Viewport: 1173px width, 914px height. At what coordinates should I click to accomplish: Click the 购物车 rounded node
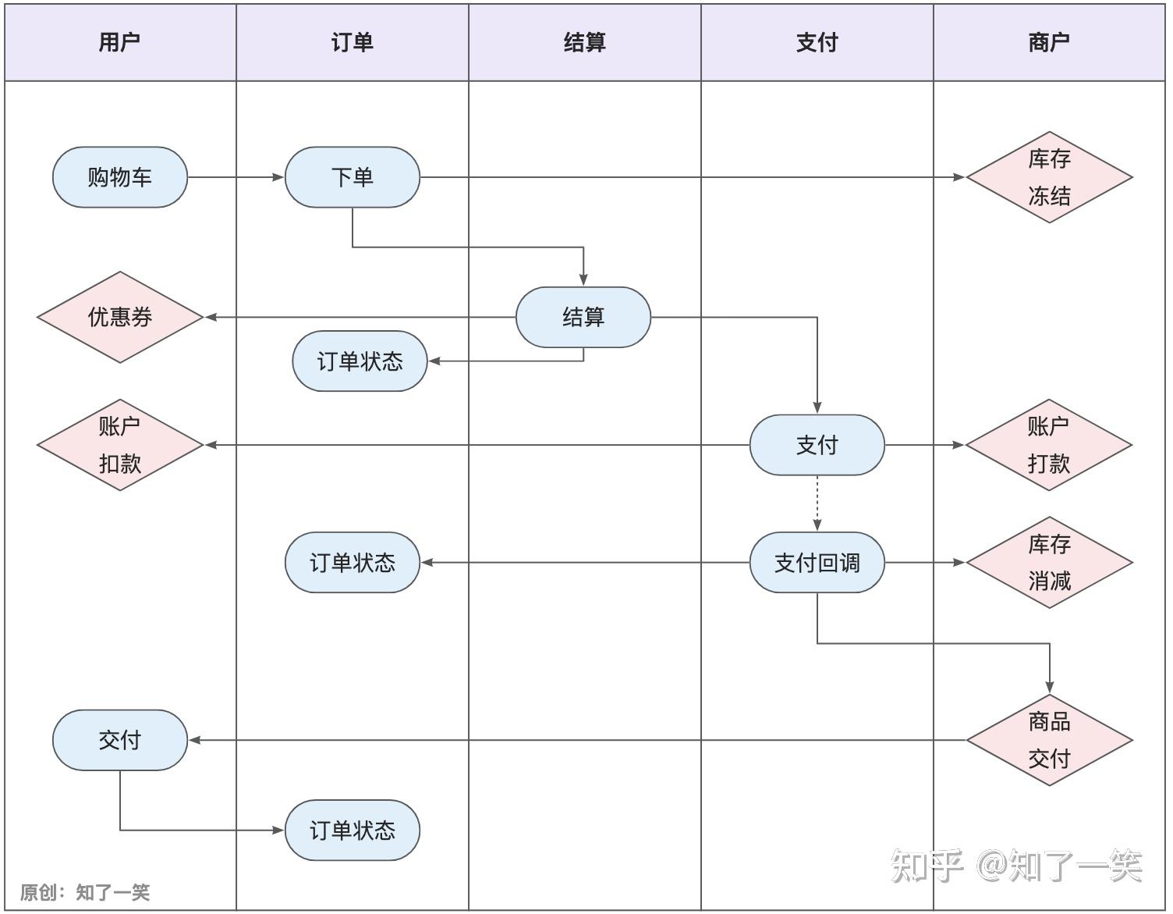pyautogui.click(x=120, y=177)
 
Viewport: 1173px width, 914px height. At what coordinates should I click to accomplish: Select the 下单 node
pyautogui.click(x=353, y=177)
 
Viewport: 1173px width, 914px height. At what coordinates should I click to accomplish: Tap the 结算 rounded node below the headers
pyautogui.click(x=583, y=317)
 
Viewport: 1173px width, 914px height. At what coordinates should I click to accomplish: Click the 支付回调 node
pyautogui.click(x=817, y=562)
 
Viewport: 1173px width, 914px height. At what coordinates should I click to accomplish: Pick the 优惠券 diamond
pyautogui.click(x=120, y=317)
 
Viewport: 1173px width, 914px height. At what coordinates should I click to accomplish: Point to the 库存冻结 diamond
pyautogui.click(x=1050, y=177)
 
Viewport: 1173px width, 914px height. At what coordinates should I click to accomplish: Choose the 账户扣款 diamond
pyautogui.click(x=120, y=445)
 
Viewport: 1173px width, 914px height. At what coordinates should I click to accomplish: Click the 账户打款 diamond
pyautogui.click(x=1049, y=445)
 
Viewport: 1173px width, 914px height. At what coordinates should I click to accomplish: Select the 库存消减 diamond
pyautogui.click(x=1050, y=562)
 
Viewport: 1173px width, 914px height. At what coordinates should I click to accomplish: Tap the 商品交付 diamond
pyautogui.click(x=1050, y=740)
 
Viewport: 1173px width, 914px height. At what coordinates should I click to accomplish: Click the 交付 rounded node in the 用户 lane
pyautogui.click(x=120, y=740)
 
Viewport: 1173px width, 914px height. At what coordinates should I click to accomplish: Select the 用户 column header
pyautogui.click(x=120, y=43)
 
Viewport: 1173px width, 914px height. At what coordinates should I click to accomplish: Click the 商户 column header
pyautogui.click(x=1050, y=43)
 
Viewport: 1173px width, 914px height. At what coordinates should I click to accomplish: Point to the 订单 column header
pyautogui.click(x=353, y=43)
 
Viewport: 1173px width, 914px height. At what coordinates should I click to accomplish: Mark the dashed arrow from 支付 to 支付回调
pyautogui.click(x=817, y=503)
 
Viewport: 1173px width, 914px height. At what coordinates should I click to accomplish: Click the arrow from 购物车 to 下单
pyautogui.click(x=236, y=177)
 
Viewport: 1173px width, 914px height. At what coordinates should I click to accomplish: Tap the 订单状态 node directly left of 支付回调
pyautogui.click(x=353, y=562)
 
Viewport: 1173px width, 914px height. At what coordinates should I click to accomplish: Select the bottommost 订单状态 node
pyautogui.click(x=353, y=830)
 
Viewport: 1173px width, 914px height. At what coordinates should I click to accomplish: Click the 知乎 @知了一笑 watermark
pyautogui.click(x=1016, y=866)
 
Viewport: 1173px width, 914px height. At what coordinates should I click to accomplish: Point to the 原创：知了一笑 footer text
pyautogui.click(x=85, y=892)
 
